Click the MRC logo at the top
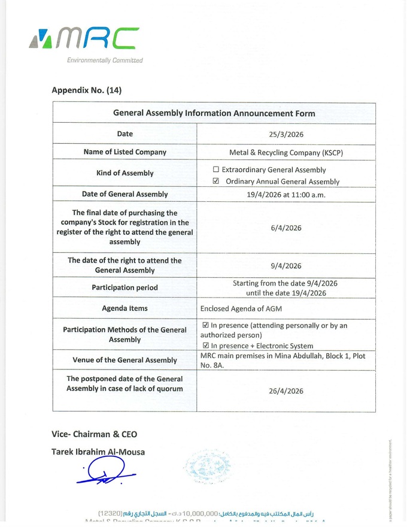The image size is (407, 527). pyautogui.click(x=84, y=40)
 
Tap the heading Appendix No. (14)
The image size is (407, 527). pyautogui.click(x=87, y=90)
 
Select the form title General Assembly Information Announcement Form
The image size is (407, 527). pyautogui.click(x=214, y=113)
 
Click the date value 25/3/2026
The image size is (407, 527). pyautogui.click(x=286, y=134)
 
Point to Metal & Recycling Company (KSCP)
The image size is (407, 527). pyautogui.click(x=286, y=152)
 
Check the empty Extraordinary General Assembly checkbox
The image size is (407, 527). pyautogui.click(x=216, y=169)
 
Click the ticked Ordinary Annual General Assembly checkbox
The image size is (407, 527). pyautogui.click(x=216, y=181)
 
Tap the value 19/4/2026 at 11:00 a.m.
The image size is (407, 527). pyautogui.click(x=286, y=194)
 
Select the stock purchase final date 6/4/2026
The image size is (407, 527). pyautogui.click(x=286, y=228)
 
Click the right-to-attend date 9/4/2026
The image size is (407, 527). pyautogui.click(x=286, y=266)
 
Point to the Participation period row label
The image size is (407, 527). pyautogui.click(x=124, y=287)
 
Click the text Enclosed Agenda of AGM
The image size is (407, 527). pyautogui.click(x=241, y=308)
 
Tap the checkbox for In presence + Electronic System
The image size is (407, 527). pyautogui.click(x=206, y=346)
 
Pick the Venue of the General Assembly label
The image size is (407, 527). pyautogui.click(x=124, y=360)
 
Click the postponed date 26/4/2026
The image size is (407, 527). pyautogui.click(x=286, y=391)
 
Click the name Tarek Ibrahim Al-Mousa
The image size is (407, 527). pyautogui.click(x=98, y=452)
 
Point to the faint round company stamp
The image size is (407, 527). pyautogui.click(x=207, y=466)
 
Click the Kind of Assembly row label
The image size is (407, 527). pyautogui.click(x=124, y=173)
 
